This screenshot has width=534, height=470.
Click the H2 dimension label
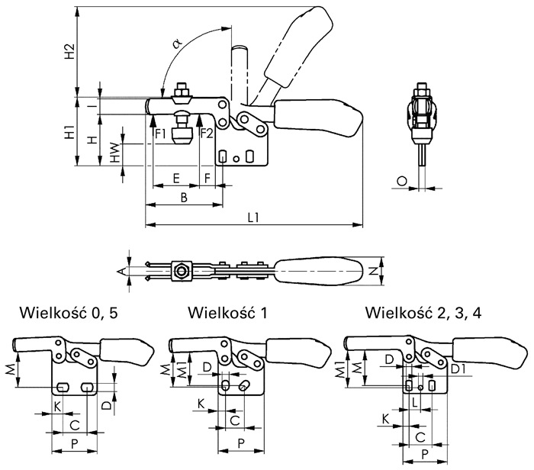[x=70, y=51]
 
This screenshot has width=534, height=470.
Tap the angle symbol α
[x=178, y=43]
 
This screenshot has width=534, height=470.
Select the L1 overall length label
[x=253, y=217]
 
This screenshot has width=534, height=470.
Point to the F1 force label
[x=160, y=134]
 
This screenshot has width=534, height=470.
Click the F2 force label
[x=207, y=134]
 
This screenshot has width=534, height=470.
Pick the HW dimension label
[x=116, y=152]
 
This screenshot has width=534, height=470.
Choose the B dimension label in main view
[x=184, y=198]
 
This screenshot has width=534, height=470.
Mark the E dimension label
[x=176, y=178]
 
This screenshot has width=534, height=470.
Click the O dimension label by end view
[x=402, y=181]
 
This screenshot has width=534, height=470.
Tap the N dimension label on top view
[x=374, y=271]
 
